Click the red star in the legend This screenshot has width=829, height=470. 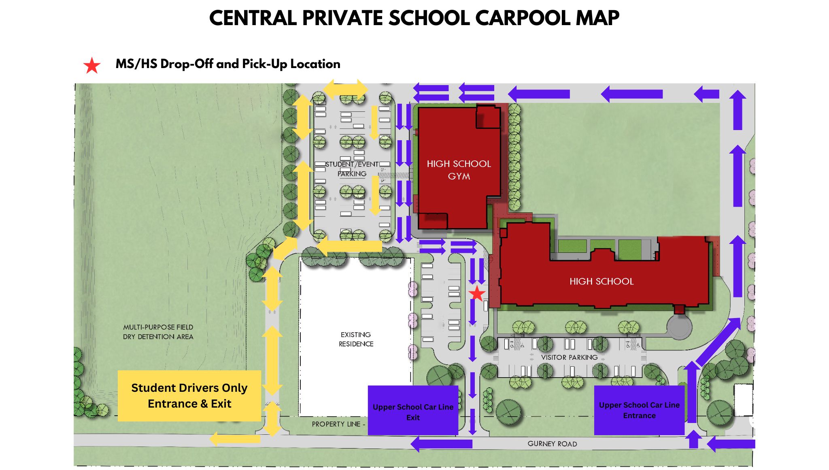pyautogui.click(x=92, y=66)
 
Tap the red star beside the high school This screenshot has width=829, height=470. pyautogui.click(x=477, y=294)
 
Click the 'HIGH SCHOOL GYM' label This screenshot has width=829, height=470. pyautogui.click(x=459, y=170)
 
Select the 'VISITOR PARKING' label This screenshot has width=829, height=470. pyautogui.click(x=569, y=357)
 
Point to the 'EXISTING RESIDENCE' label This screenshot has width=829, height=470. pyautogui.click(x=356, y=339)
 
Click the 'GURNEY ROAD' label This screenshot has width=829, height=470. pyautogui.click(x=552, y=444)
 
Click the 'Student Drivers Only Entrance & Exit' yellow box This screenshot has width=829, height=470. pyautogui.click(x=189, y=396)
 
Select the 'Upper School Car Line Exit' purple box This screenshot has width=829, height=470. pyautogui.click(x=413, y=411)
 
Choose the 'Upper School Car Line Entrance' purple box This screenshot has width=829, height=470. pyautogui.click(x=639, y=410)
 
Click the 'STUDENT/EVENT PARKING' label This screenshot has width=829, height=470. pyautogui.click(x=352, y=169)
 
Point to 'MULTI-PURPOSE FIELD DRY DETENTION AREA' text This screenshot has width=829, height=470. pyautogui.click(x=158, y=332)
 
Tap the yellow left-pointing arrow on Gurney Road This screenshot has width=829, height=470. pyautogui.click(x=235, y=439)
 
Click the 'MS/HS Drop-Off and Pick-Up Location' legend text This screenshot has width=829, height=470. pyautogui.click(x=228, y=64)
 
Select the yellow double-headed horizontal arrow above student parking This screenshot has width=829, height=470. pyautogui.click(x=345, y=90)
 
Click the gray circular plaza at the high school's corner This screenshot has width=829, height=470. pyautogui.click(x=679, y=327)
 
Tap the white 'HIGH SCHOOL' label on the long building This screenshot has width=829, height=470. pyautogui.click(x=602, y=281)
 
